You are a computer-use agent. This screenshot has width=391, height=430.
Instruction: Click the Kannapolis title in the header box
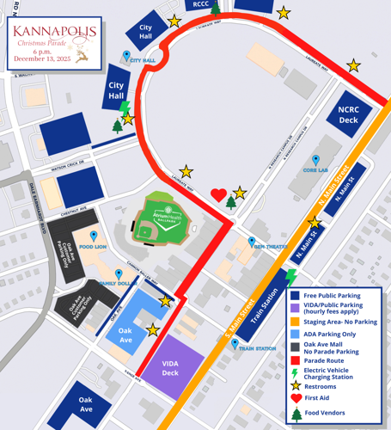click(53, 34)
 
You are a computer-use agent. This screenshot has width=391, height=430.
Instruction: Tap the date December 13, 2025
click(53, 60)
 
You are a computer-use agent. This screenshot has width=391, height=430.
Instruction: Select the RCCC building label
click(201, 5)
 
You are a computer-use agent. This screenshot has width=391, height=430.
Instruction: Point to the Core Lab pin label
click(317, 170)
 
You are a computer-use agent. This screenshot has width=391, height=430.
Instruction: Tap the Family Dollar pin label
click(113, 283)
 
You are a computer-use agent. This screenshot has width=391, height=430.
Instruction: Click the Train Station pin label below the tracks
click(257, 348)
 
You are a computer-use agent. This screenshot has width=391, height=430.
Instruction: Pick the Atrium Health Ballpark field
click(162, 223)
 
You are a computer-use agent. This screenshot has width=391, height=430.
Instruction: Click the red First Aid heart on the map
click(219, 195)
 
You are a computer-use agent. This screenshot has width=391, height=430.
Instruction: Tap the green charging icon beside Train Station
click(290, 277)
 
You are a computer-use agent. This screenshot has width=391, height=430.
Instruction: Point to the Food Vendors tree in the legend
click(296, 413)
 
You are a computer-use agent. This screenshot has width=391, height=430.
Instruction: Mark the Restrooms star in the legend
click(296, 386)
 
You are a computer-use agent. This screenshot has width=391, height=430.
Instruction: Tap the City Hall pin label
click(142, 60)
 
